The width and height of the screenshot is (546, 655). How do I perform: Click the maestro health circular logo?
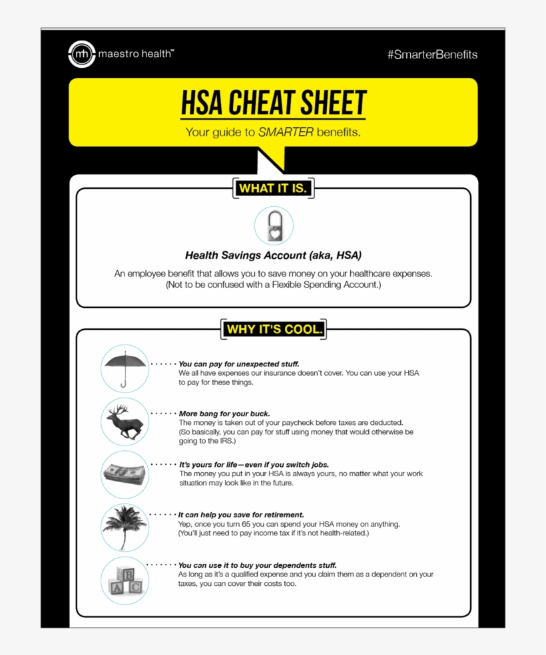(x=81, y=55)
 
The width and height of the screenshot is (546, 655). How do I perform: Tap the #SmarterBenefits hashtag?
(x=432, y=55)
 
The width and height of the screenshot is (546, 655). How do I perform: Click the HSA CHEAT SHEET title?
(x=273, y=104)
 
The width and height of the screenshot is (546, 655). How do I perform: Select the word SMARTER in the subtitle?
(x=286, y=132)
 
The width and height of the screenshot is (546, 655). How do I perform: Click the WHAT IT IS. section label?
(x=273, y=188)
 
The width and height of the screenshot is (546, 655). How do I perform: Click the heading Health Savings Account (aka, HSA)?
(x=273, y=255)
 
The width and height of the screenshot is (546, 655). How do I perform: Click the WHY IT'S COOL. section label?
(x=273, y=329)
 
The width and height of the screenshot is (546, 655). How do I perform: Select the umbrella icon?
(x=125, y=368)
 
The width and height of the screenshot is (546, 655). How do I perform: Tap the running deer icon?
(x=125, y=422)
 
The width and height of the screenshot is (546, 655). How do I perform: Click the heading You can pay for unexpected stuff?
(x=239, y=364)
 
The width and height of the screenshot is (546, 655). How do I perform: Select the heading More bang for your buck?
(x=224, y=414)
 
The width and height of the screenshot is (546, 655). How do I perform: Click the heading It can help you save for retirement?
(x=241, y=515)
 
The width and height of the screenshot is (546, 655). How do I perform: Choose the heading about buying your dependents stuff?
(x=257, y=565)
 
